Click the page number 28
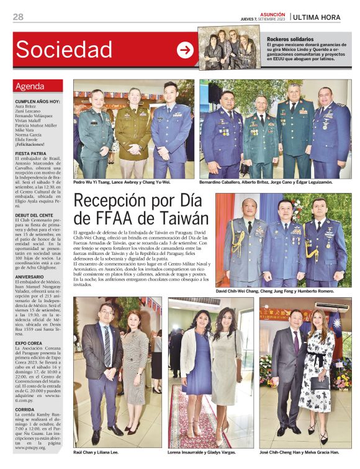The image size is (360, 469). click(x=18, y=17)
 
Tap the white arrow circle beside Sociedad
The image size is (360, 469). click(x=185, y=50)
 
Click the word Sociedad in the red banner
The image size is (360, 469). click(x=64, y=49)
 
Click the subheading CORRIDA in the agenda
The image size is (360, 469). click(x=25, y=410)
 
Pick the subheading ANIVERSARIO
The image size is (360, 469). click(x=30, y=277)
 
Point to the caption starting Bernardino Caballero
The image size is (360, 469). click(x=266, y=182)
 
